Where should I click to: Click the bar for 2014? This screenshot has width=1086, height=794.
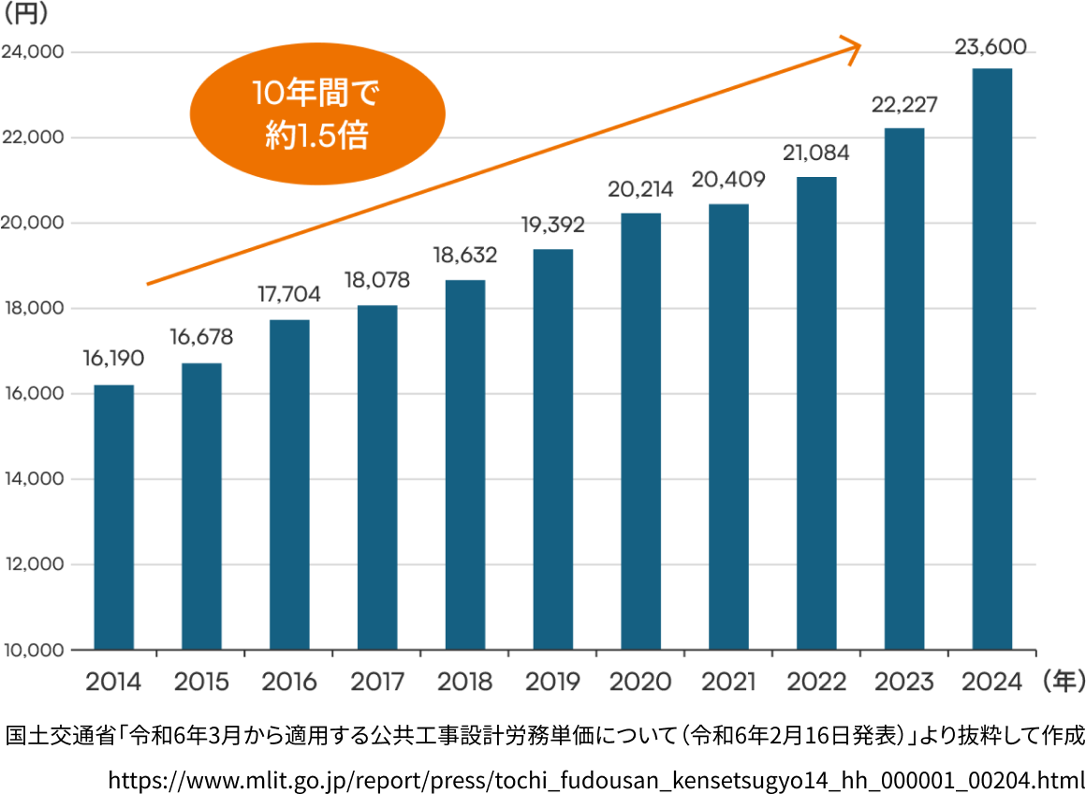pos(113,517)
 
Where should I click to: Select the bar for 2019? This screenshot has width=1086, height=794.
pos(552,449)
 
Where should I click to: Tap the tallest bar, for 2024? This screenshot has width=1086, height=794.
pos(991,360)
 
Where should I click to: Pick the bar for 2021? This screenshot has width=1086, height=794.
pos(728,427)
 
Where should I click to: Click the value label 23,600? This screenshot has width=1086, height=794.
pos(991,47)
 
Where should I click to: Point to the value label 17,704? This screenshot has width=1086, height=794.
pos(289,294)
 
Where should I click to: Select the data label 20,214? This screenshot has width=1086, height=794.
pos(640,189)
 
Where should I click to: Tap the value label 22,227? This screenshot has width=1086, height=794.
pos(903,104)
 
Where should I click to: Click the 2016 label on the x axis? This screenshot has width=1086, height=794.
pos(289,681)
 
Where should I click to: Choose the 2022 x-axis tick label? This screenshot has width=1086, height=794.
pos(816,681)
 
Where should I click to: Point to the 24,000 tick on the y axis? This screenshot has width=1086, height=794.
pos(33,52)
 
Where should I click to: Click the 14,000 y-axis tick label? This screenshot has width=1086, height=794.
pos(33,479)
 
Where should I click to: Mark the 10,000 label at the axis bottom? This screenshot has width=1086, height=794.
pos(33,650)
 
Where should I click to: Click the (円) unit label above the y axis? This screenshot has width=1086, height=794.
pos(27,16)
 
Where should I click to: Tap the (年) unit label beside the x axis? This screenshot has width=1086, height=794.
pos(1062,680)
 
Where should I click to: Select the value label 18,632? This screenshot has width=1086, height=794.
pos(464,254)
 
